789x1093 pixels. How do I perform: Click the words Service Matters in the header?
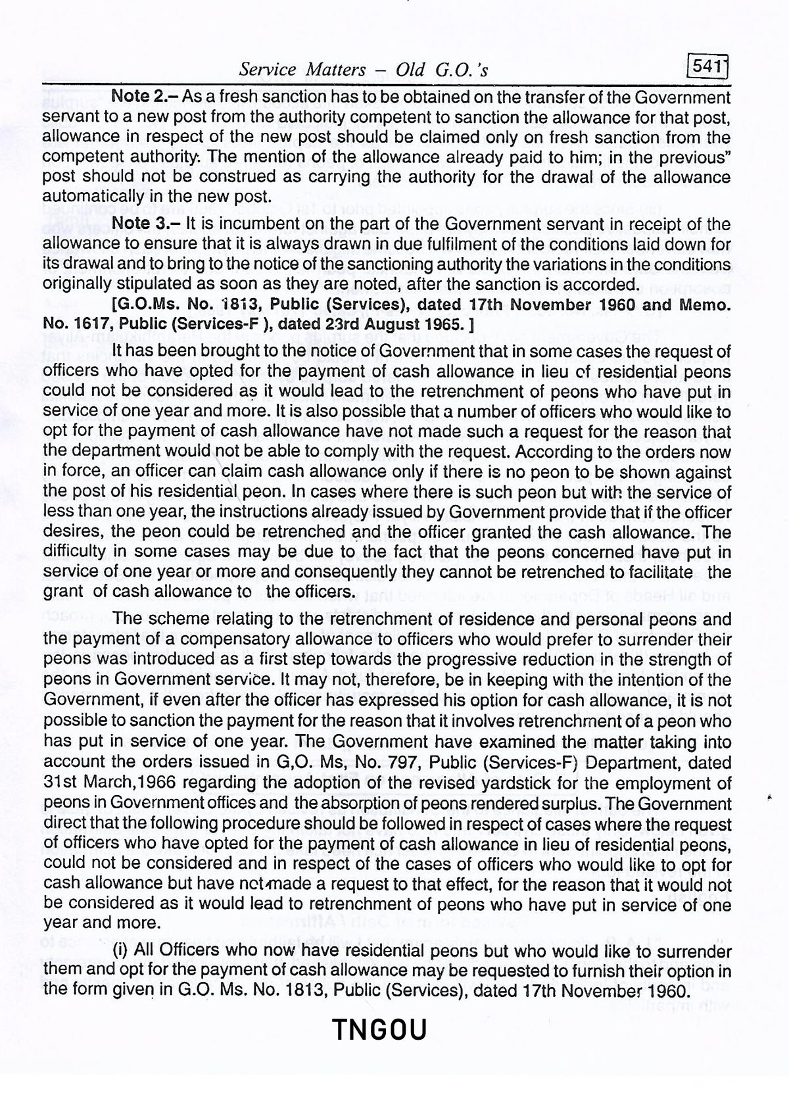pyautogui.click(x=302, y=69)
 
